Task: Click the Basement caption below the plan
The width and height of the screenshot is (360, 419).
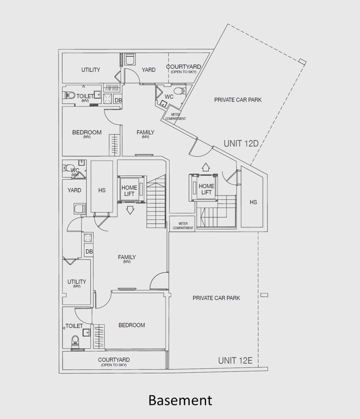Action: pyautogui.click(x=180, y=400)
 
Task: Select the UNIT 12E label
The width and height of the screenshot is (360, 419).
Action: pyautogui.click(x=235, y=361)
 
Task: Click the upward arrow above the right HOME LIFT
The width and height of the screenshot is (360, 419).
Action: pyautogui.click(x=205, y=166)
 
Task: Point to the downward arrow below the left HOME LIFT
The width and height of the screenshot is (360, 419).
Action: pyautogui.click(x=130, y=210)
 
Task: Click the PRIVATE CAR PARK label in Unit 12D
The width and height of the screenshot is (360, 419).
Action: pyautogui.click(x=238, y=100)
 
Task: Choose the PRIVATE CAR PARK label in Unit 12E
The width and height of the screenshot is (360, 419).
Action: pyautogui.click(x=216, y=298)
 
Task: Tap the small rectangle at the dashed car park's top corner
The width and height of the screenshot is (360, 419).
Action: pyautogui.click(x=302, y=62)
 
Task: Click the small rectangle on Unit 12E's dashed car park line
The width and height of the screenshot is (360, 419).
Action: pyautogui.click(x=264, y=295)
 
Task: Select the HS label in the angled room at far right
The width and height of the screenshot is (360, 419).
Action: pyautogui.click(x=253, y=202)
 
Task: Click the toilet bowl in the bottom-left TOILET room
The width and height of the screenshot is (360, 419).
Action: pyautogui.click(x=75, y=340)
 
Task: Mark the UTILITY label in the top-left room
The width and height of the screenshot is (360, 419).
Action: pyautogui.click(x=91, y=70)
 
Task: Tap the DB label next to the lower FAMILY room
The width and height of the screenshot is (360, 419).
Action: pyautogui.click(x=89, y=252)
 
